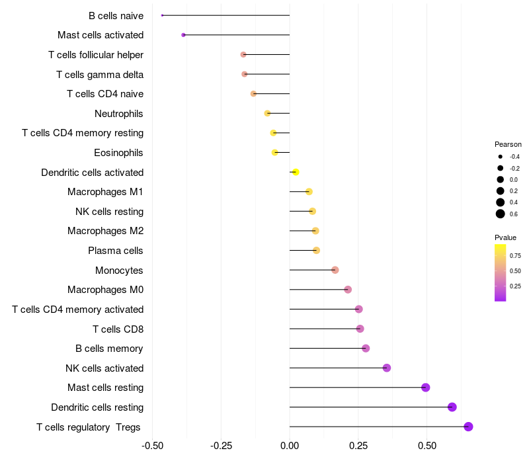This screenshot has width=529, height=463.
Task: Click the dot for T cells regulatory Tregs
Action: tap(468, 427)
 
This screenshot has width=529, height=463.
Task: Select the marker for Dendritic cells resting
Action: tap(452, 407)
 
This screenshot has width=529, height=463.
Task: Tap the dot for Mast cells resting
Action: tap(426, 388)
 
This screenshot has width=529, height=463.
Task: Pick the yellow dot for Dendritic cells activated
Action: tap(296, 172)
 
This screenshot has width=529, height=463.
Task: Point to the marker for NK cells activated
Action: tap(387, 368)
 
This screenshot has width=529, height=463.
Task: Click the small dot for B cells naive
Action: tap(162, 15)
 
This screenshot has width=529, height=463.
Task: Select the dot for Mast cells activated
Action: tap(183, 35)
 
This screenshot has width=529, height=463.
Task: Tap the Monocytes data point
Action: tap(335, 270)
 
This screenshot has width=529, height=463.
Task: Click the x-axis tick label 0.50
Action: tap(427, 446)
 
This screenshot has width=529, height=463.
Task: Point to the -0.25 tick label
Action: tap(221, 446)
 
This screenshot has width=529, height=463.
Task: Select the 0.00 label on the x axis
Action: tap(290, 446)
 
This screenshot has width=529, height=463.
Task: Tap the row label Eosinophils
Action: tap(118, 153)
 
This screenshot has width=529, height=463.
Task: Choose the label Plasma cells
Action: tap(115, 251)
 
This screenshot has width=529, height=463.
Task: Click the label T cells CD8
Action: tap(118, 329)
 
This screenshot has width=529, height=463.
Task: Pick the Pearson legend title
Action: tap(508, 144)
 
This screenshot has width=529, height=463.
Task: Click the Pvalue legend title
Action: tap(505, 237)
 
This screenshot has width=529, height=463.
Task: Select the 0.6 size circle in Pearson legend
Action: tap(501, 214)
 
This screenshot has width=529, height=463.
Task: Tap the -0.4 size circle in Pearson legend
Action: tap(501, 157)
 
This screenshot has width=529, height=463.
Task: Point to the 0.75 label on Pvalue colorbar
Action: tap(515, 255)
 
